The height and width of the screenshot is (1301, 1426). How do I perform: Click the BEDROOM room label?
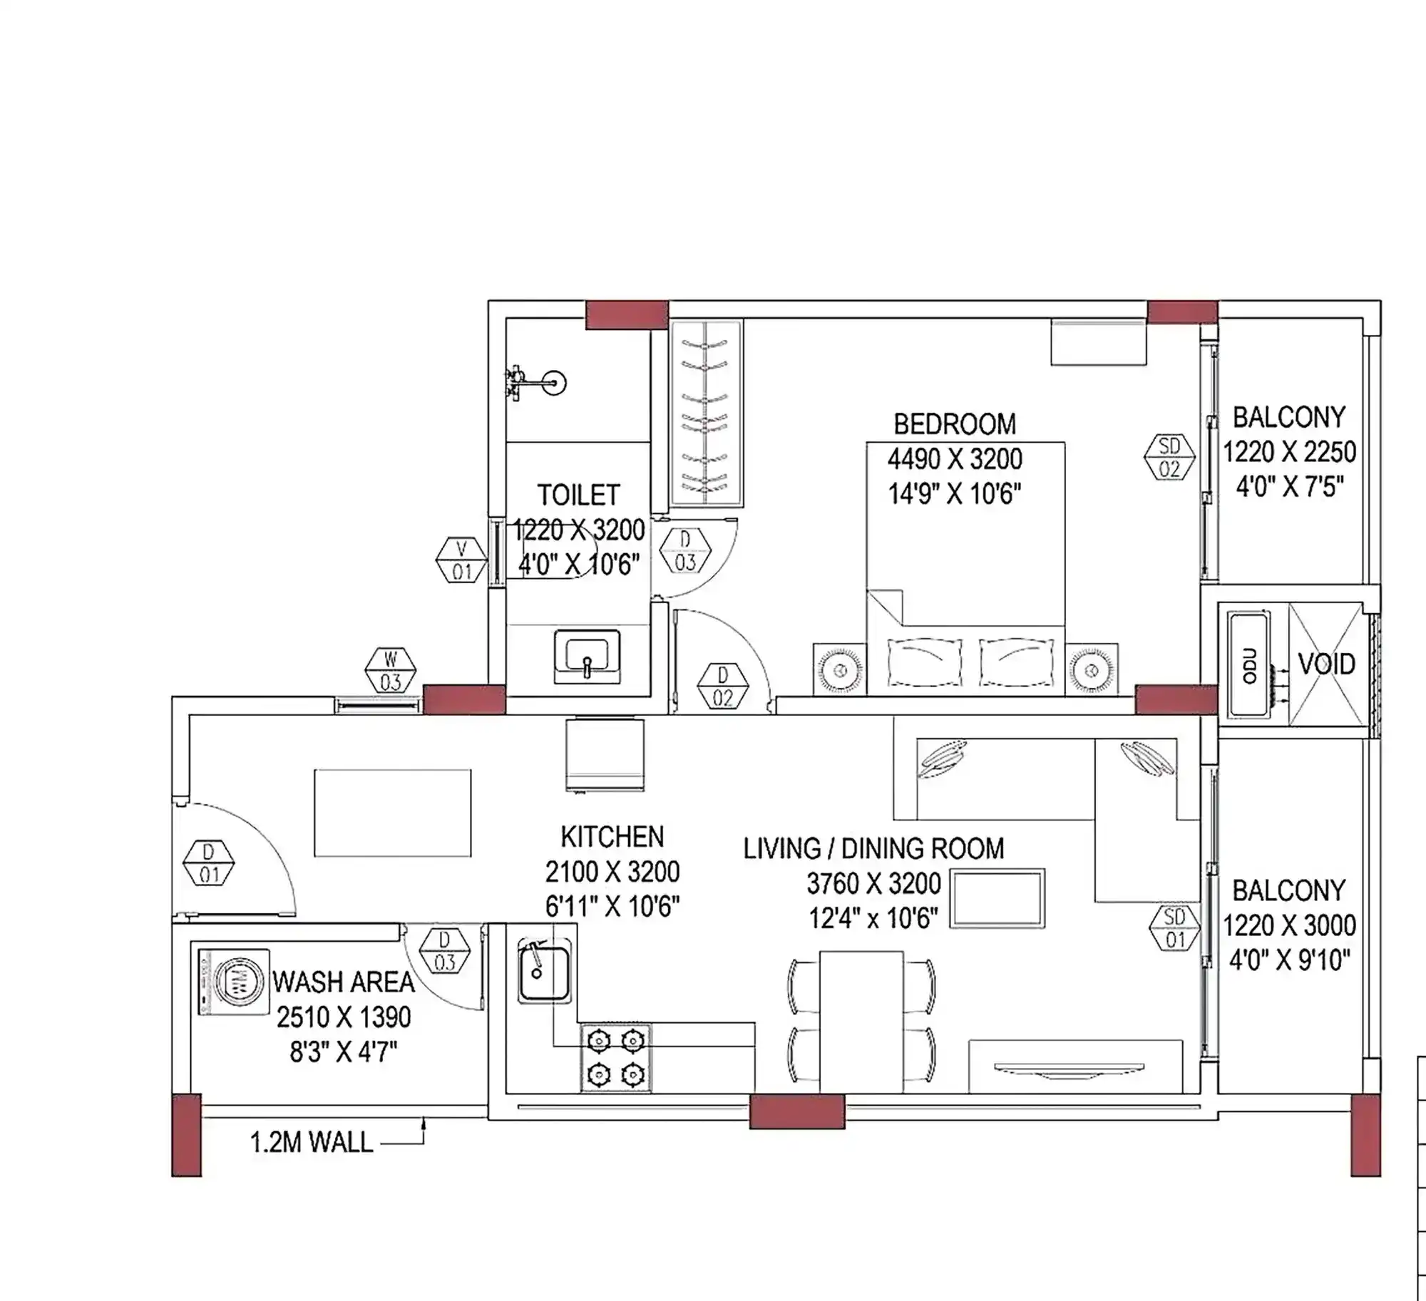[955, 424]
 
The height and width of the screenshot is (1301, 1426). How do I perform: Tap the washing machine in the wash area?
[234, 982]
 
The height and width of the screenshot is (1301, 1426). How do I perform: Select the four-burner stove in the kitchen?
[616, 1058]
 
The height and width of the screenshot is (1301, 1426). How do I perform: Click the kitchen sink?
[544, 972]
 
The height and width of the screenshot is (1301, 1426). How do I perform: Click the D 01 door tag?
[209, 863]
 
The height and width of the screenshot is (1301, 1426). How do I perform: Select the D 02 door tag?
[723, 687]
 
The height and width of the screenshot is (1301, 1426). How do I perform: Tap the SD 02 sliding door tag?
[1169, 458]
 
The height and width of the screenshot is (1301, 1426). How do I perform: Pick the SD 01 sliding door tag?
[1174, 928]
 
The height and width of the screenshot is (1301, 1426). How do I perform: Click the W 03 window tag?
[390, 671]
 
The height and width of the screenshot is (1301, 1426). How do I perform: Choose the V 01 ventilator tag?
[461, 560]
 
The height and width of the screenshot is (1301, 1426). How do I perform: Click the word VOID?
[1326, 664]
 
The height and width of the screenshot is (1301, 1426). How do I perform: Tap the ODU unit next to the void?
[1249, 665]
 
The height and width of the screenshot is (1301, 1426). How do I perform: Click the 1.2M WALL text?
[312, 1143]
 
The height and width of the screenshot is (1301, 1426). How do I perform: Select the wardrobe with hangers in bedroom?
[706, 413]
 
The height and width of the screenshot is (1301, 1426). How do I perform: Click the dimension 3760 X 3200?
[873, 884]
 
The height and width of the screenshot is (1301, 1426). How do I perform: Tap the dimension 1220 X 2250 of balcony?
[1289, 452]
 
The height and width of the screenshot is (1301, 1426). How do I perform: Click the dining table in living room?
[861, 1021]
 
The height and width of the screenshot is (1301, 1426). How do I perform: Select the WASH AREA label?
[344, 982]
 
